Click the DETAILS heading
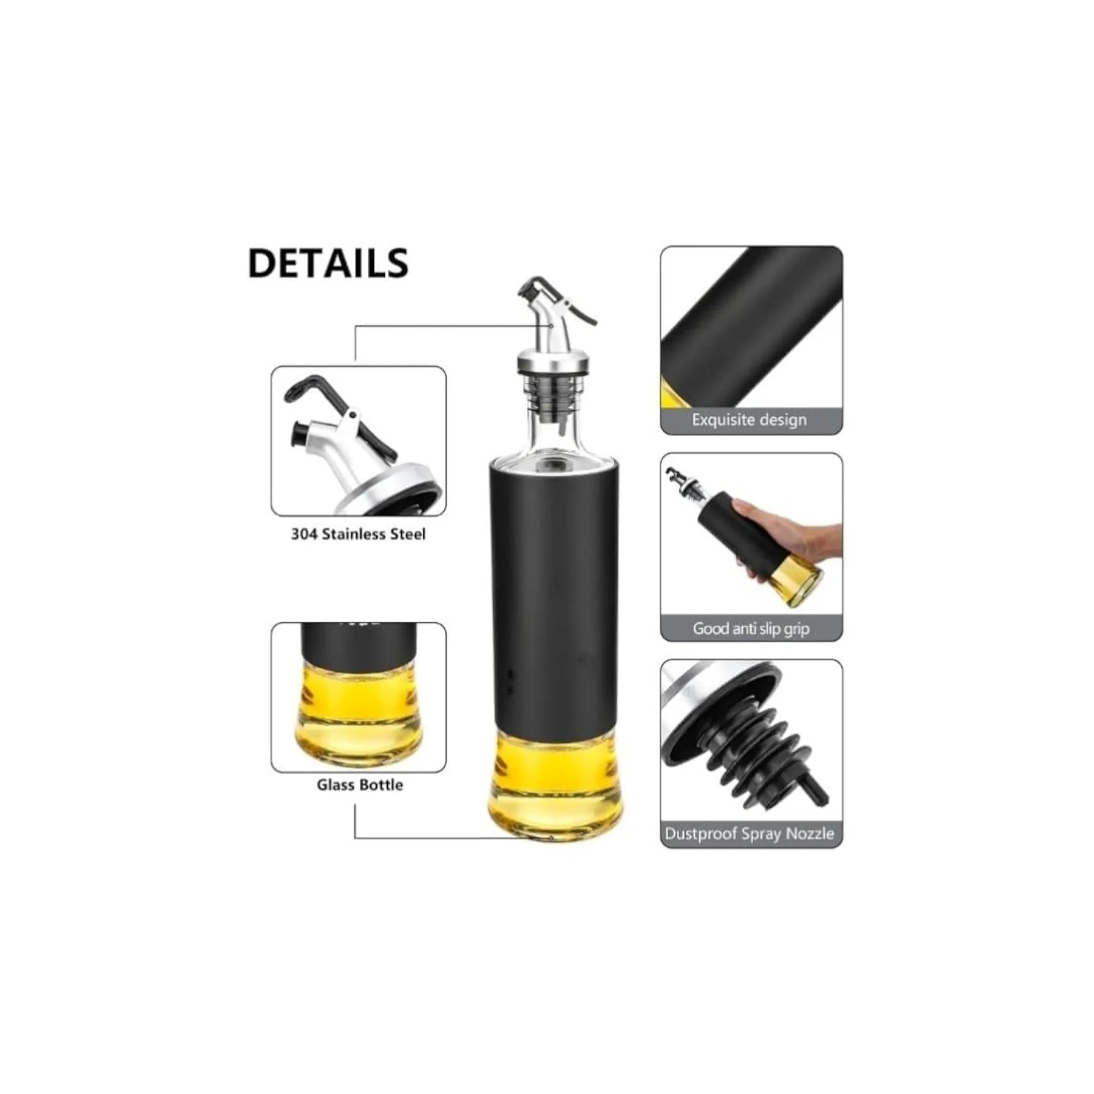pos(328,263)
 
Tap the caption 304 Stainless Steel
pos(358,534)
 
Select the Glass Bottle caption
pos(360,785)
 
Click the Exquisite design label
pos(749,419)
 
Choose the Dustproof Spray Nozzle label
pos(749,833)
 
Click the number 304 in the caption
pos(304,534)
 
